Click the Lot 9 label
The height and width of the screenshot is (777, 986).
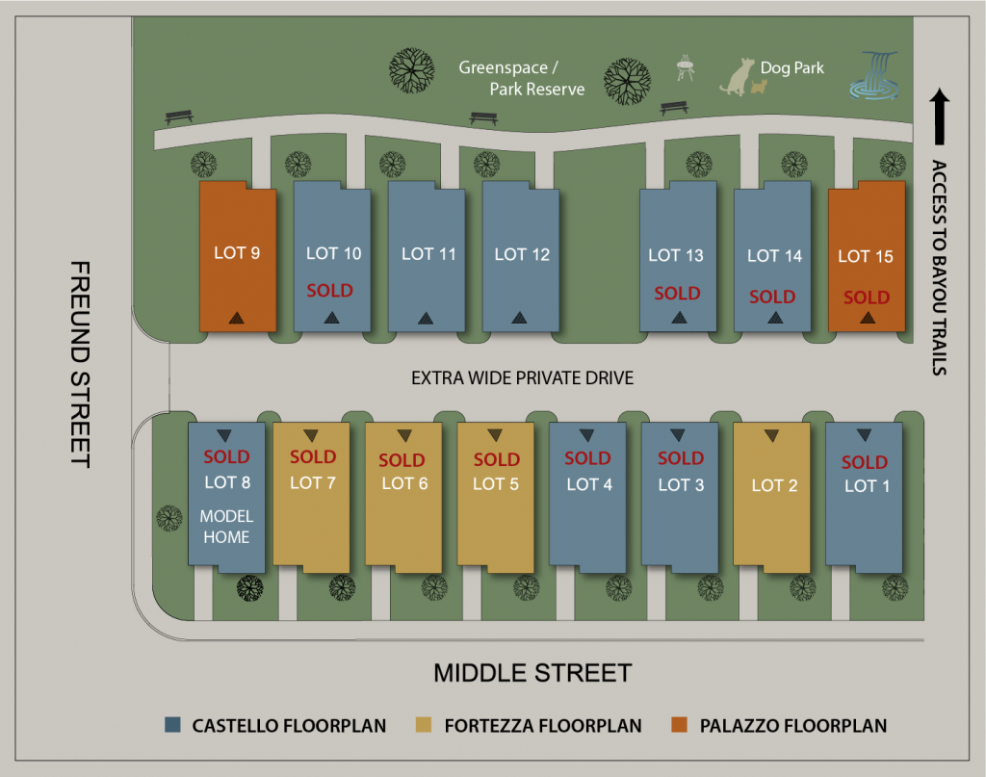tap(237, 253)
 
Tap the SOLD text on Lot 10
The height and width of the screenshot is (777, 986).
tap(329, 290)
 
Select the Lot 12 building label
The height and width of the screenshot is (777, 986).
tap(522, 254)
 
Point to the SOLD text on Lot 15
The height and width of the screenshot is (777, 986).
tap(867, 298)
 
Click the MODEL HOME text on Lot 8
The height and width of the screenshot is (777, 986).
tap(225, 527)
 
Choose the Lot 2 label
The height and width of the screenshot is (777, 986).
tap(774, 485)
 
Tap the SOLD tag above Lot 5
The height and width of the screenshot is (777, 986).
tap(497, 459)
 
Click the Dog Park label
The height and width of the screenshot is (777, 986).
tap(792, 68)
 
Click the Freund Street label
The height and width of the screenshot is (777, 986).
tap(81, 363)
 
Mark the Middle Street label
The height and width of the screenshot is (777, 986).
tap(532, 672)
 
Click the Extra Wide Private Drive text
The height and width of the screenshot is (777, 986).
tap(523, 377)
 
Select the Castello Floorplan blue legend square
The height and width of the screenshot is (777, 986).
tap(173, 725)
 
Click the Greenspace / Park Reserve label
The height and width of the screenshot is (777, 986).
tap(522, 79)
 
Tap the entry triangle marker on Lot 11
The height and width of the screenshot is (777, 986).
tap(425, 317)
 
